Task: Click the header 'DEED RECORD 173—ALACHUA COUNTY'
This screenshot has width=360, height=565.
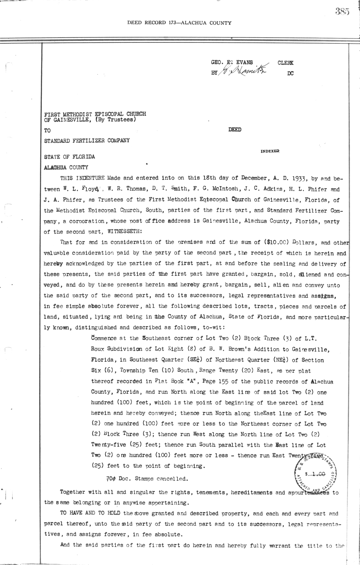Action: click(x=179, y=22)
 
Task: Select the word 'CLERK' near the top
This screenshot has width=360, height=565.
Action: click(x=286, y=63)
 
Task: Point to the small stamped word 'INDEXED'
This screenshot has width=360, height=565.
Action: click(x=270, y=151)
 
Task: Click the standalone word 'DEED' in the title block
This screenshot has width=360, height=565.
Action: click(x=235, y=130)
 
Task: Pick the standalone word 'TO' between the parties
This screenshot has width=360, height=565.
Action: click(x=47, y=131)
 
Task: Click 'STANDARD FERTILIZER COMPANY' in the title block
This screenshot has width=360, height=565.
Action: click(x=87, y=140)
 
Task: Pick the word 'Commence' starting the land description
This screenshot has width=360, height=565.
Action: click(x=104, y=338)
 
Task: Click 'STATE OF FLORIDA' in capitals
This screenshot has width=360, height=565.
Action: click(x=70, y=157)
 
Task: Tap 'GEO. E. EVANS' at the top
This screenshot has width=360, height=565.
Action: click(x=232, y=63)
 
